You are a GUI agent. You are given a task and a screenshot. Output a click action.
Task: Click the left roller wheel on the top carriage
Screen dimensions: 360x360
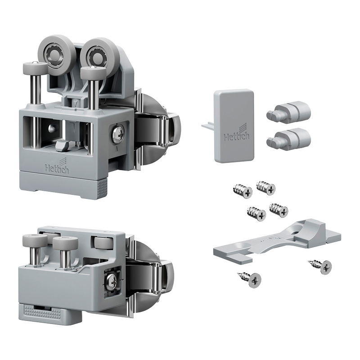pyautogui.click(x=54, y=54)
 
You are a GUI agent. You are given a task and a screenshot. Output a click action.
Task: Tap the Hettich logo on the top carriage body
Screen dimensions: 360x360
pyautogui.click(x=57, y=165)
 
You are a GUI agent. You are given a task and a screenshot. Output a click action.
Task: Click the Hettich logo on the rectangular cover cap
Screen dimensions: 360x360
pyautogui.click(x=237, y=133)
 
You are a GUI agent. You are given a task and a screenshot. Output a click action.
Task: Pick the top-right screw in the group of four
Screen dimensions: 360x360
pyautogui.click(x=265, y=187)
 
